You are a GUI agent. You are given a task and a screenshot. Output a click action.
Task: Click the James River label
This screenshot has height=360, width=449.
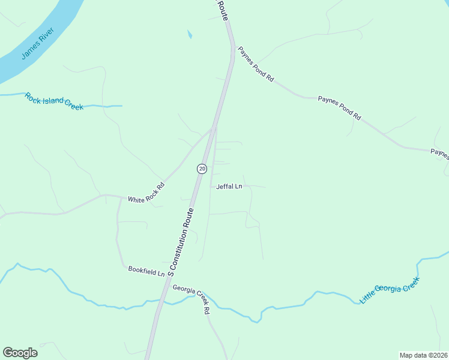(x=38, y=43)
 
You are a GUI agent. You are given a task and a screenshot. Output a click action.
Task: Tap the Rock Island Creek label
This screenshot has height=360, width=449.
(x=54, y=101)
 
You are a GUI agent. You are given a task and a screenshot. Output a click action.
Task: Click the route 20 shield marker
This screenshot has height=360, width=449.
(x=202, y=169)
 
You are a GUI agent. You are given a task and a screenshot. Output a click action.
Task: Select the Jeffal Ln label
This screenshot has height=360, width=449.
(x=229, y=187)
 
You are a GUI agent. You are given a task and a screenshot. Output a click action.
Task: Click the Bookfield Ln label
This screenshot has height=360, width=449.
(x=146, y=271)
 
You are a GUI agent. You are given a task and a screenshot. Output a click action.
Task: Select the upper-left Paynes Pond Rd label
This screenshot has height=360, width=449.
(x=256, y=65)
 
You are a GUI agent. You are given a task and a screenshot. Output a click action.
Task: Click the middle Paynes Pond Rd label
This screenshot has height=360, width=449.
(x=339, y=108)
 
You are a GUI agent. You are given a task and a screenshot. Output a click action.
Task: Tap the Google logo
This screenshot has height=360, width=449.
(x=20, y=353)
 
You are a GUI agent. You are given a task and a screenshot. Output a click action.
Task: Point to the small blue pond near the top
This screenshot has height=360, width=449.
(x=190, y=35)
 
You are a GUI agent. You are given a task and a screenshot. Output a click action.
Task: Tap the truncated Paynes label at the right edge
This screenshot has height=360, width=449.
(x=440, y=154)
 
